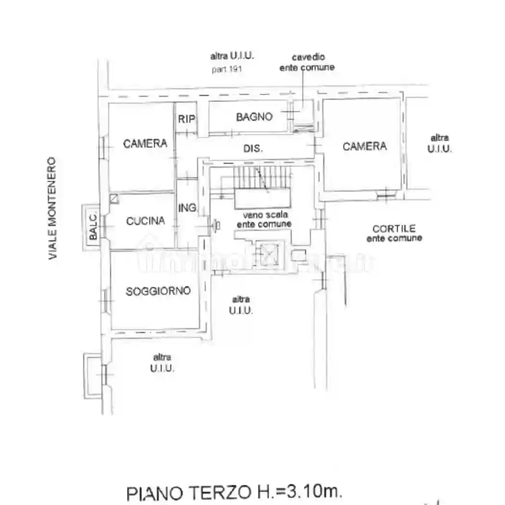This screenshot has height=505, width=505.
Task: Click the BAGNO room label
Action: point(254,117)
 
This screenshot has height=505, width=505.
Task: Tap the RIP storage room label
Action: point(186,118)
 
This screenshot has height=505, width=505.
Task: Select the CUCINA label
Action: point(145,221)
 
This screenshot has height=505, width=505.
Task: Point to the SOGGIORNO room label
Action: point(158,291)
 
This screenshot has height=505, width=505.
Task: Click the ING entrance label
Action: point(187,208)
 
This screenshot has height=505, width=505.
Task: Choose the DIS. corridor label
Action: point(253,149)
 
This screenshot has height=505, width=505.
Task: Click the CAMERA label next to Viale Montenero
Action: point(145,143)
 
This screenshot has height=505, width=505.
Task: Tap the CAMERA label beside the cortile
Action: point(364,146)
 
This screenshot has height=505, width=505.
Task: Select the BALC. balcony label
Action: point(93,226)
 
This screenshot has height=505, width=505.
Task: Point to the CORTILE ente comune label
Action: point(394,233)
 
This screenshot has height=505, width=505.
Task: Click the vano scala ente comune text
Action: point(264,220)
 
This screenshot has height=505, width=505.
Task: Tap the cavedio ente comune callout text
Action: point(307,63)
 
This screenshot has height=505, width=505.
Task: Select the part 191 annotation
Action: point(227,69)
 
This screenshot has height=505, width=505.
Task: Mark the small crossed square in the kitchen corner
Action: point(114,198)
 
